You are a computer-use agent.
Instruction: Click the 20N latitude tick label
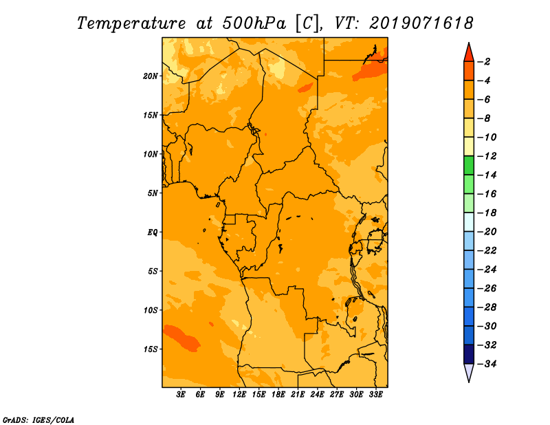150,76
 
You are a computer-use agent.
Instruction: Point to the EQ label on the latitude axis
153,232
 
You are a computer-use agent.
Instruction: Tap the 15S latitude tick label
151,349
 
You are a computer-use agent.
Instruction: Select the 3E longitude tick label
181,394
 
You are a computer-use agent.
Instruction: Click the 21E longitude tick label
298,394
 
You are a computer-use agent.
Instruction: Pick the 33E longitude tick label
375,394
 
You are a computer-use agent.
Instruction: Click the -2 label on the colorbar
485,62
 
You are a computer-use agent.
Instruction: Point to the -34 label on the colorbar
487,364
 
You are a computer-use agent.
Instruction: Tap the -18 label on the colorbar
487,212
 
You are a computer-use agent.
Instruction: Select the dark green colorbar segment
469,165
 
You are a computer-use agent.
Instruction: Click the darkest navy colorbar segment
469,354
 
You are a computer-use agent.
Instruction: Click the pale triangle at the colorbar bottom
469,373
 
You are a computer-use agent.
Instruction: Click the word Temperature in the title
131,23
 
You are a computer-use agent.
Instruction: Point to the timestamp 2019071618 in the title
421,23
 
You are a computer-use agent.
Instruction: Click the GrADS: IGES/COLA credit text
38,419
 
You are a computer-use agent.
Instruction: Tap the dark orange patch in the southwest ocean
182,338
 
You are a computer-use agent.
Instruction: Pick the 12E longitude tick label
239,394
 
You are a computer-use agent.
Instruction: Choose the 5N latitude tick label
153,193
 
